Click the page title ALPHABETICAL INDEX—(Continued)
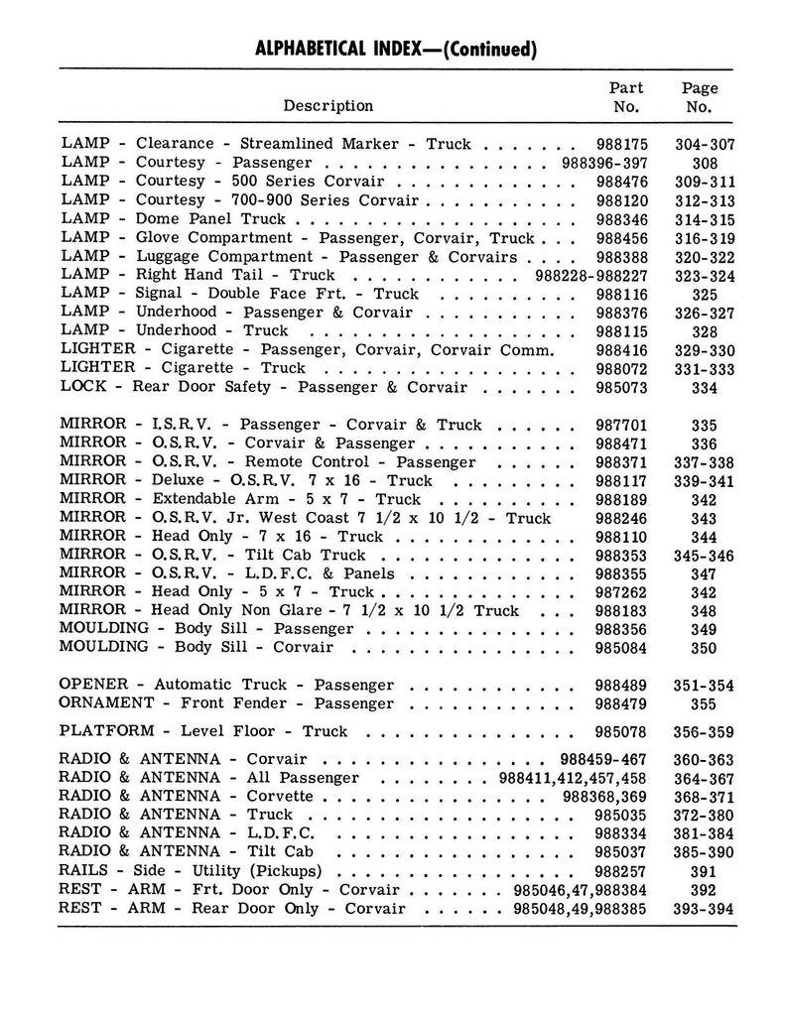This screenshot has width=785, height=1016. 396,49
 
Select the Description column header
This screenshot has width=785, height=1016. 328,106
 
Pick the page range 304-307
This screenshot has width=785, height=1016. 705,144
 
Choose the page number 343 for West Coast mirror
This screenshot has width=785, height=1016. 705,519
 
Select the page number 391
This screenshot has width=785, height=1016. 705,871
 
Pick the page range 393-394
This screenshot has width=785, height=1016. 705,909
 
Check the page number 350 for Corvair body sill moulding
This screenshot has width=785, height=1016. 705,649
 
